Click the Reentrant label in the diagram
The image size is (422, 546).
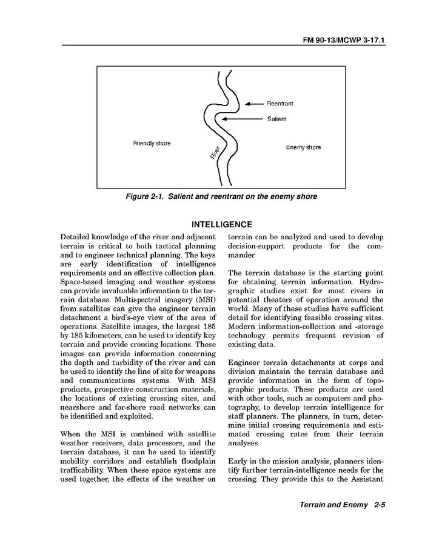(x=280, y=104)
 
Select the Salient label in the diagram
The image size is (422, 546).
(x=276, y=119)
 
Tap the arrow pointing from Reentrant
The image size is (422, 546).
(x=253, y=104)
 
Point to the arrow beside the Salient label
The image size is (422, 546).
(x=243, y=119)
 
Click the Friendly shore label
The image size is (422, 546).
(x=152, y=144)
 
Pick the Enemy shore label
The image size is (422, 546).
(x=303, y=147)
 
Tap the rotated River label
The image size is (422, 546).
(x=215, y=153)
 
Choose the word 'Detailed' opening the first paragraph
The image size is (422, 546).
(x=78, y=236)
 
